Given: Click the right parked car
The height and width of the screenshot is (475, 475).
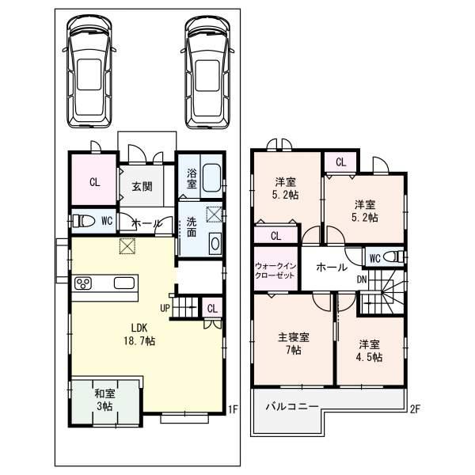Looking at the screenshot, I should click(x=209, y=72).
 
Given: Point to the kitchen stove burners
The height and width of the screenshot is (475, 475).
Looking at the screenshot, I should click(x=84, y=284).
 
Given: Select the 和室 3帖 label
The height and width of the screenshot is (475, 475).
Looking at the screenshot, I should click(x=105, y=399).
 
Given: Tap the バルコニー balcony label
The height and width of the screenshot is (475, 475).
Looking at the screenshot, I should click(x=291, y=406).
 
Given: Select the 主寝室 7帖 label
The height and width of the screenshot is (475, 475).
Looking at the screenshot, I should click(x=293, y=344).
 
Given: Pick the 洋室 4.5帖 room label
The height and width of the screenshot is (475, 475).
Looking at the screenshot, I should click(x=369, y=351).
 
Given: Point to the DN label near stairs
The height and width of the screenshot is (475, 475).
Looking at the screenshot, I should click(x=360, y=279).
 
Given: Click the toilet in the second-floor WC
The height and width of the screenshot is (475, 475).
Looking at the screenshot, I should click(x=395, y=256).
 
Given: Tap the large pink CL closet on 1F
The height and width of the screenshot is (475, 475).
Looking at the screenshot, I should click(x=94, y=182).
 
